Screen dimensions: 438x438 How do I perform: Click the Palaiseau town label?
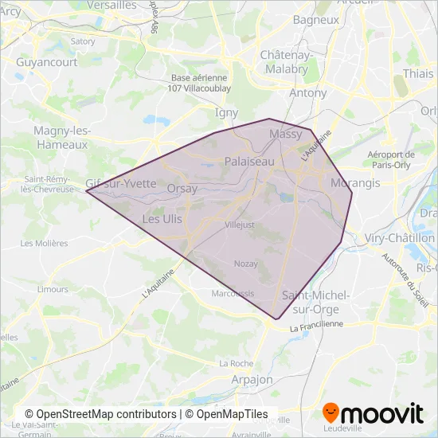tap(249, 161)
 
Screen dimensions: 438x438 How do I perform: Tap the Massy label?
tap(286, 134)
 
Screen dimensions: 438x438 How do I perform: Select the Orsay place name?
tap(182, 188)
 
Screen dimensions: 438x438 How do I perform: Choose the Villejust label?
tap(240, 225)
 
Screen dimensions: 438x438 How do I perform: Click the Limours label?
tap(53, 289)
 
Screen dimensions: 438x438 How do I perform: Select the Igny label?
tap(227, 113)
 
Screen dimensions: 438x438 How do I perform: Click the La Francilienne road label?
tap(316, 326)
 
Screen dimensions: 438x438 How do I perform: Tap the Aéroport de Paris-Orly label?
tap(392, 159)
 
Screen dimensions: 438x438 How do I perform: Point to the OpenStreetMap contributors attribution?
tap(101, 414)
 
